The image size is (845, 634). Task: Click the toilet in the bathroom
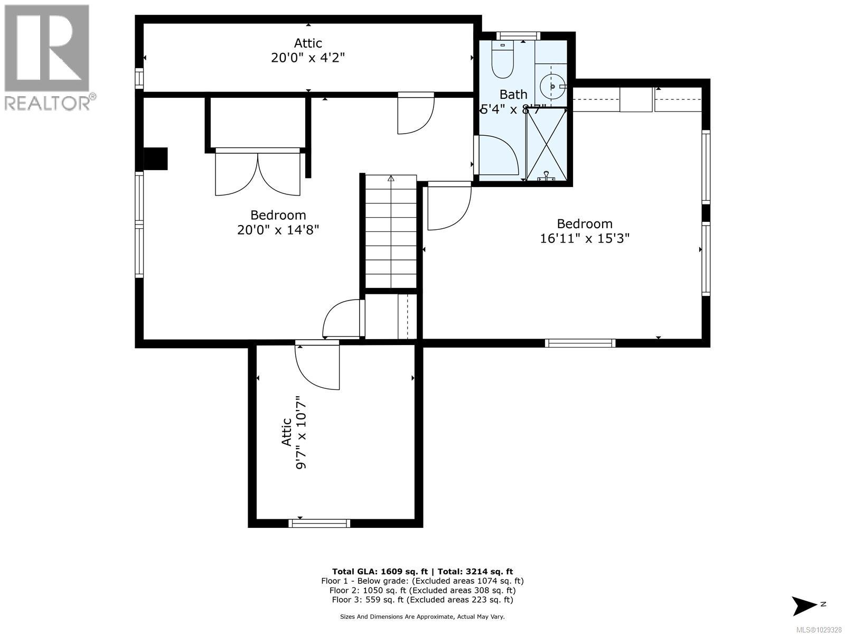click(502, 61)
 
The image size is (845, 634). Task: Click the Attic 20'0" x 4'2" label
click(308, 50)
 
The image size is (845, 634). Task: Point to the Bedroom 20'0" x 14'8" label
click(278, 222)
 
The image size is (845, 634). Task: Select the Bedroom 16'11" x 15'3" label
click(585, 231)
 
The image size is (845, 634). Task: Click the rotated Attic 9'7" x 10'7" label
click(294, 432)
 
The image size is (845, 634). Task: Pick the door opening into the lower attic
click(317, 366)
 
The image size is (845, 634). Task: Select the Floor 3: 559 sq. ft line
click(422, 600)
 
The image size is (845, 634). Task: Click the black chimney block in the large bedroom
click(156, 158)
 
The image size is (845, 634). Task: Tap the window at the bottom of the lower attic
click(320, 523)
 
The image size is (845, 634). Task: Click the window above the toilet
click(518, 36)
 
